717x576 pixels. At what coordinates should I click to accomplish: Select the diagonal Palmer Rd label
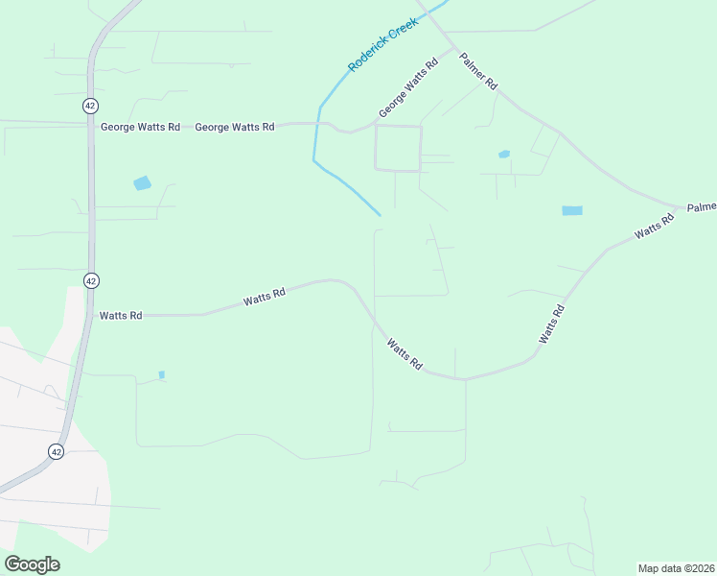(478, 71)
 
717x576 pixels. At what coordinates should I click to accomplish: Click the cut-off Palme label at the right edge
(702, 207)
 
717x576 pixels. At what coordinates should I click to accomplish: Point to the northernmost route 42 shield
(90, 106)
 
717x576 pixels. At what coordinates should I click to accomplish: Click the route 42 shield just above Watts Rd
(90, 280)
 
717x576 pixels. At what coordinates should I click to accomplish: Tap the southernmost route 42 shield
(57, 450)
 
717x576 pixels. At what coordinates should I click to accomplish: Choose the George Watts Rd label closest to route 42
(140, 127)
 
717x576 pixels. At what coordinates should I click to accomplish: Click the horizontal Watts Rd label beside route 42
(121, 315)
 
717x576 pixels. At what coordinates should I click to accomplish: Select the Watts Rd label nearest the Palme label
(655, 228)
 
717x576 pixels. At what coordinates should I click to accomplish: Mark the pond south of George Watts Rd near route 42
(142, 183)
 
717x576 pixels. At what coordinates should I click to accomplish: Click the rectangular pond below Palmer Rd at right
(571, 210)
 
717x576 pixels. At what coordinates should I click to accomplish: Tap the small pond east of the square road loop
(504, 154)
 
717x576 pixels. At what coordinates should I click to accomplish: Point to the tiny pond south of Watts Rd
(161, 374)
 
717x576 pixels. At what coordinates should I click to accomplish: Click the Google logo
(32, 564)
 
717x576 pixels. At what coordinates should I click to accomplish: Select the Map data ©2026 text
(676, 568)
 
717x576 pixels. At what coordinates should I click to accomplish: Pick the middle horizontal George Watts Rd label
(235, 127)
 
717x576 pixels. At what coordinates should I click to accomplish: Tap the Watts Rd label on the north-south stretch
(551, 324)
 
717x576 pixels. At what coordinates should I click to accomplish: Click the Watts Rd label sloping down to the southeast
(405, 353)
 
